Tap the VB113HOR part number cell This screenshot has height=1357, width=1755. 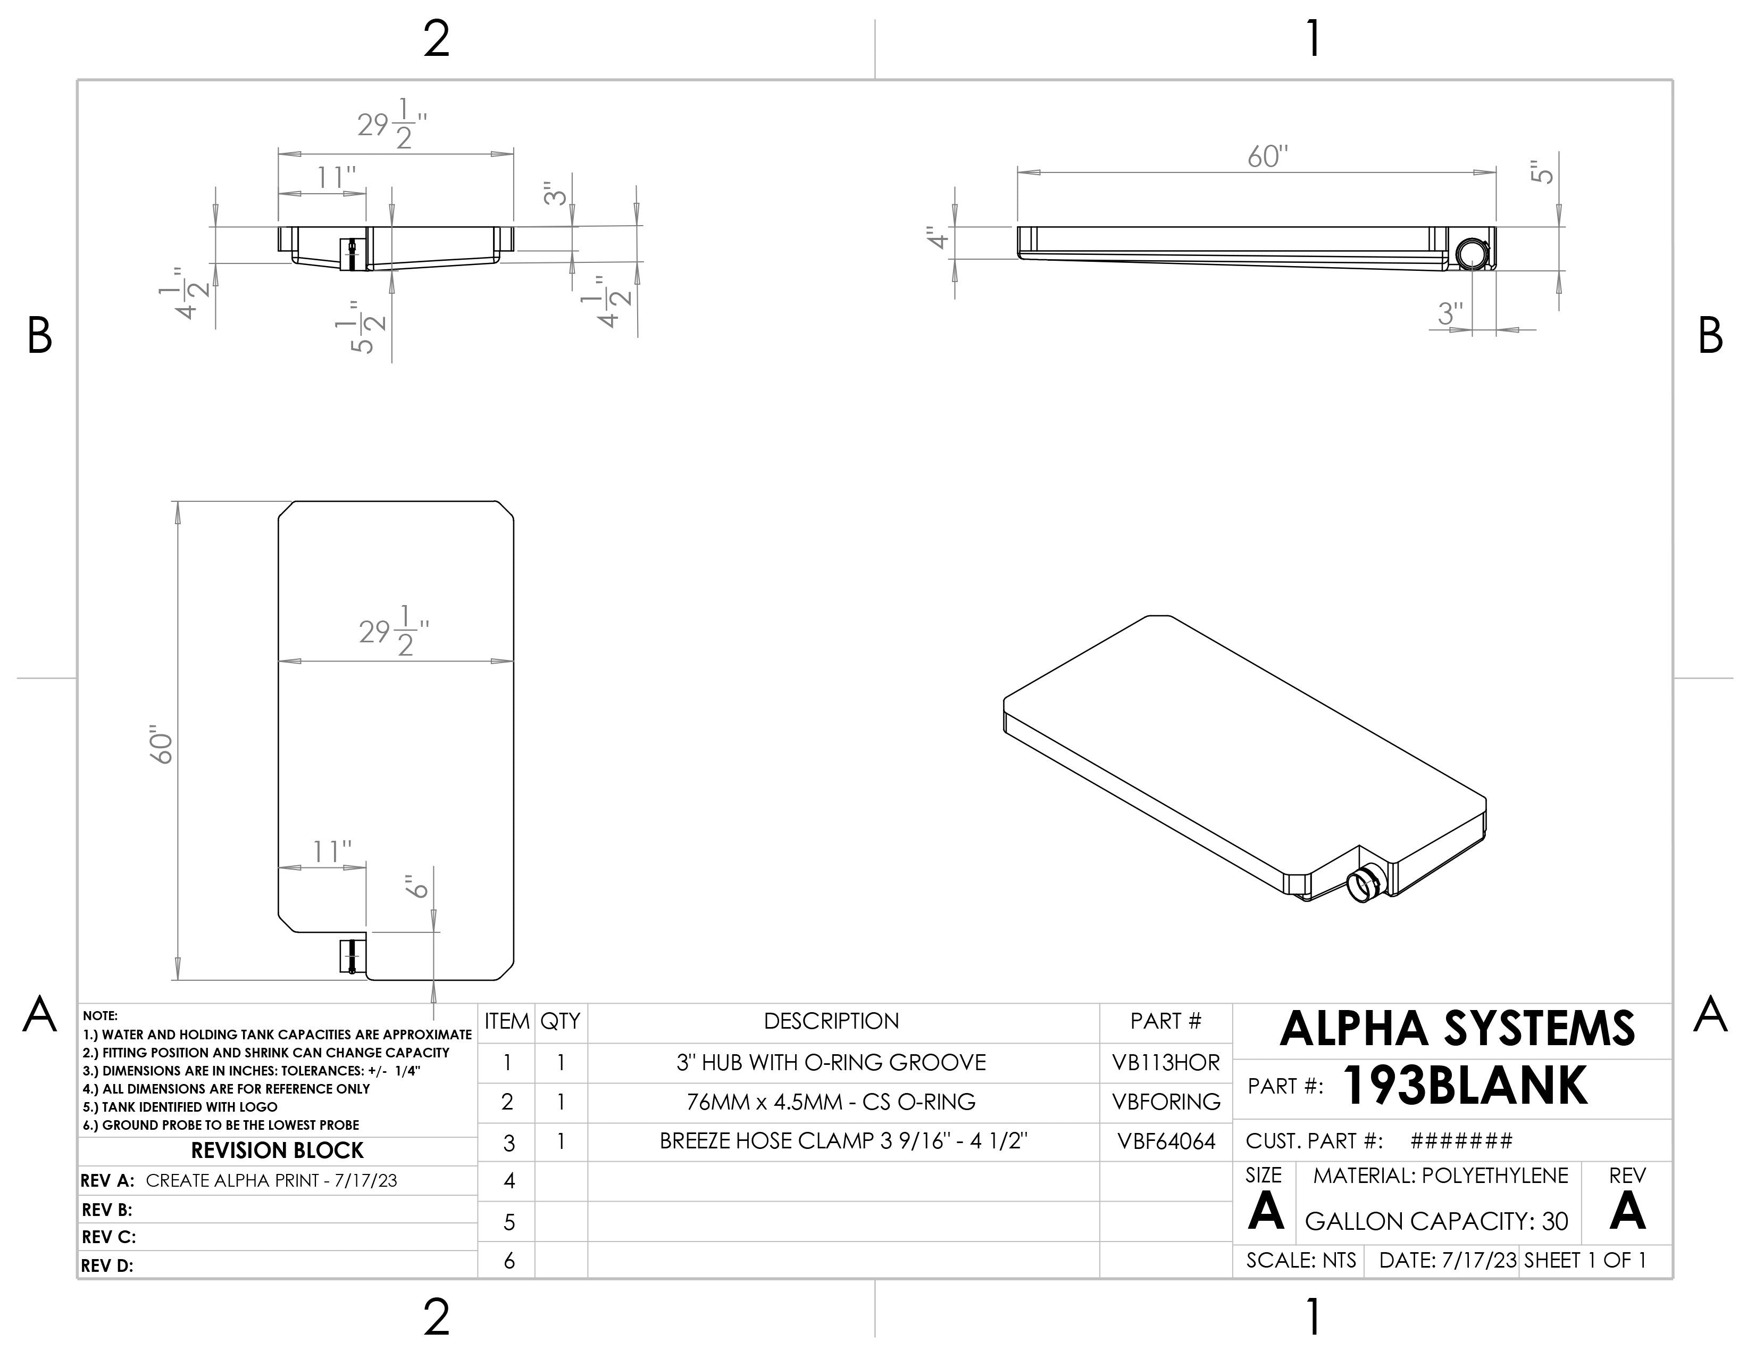1165,1063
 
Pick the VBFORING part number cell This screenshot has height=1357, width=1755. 1165,1102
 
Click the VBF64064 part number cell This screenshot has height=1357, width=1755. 1165,1141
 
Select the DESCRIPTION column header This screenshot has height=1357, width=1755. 831,1021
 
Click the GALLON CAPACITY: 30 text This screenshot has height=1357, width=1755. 1436,1222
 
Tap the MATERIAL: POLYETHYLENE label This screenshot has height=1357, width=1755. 1440,1176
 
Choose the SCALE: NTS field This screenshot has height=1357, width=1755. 1300,1261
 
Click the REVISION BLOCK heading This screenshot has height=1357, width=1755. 277,1151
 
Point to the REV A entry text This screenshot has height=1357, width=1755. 271,1181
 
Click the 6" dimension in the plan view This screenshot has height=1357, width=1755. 417,888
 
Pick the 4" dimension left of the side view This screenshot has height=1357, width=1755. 937,239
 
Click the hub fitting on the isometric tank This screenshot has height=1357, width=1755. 1364,884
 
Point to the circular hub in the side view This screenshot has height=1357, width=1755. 1472,253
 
